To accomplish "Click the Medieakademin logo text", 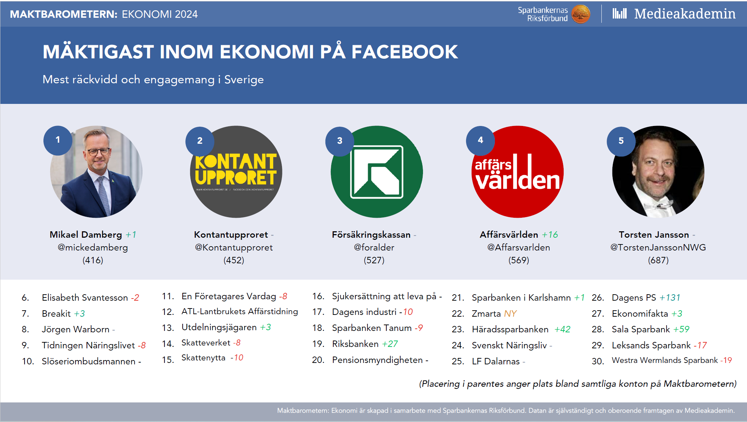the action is click(x=685, y=14).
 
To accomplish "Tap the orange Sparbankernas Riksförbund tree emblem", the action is click(x=581, y=14).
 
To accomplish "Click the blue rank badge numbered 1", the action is click(x=58, y=140).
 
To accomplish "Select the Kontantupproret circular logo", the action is click(x=236, y=172).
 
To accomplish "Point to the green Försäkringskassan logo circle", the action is click(x=377, y=172).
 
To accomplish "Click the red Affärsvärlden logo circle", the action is click(x=518, y=172).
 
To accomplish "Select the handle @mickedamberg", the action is click(x=93, y=247).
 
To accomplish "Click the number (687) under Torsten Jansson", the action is click(x=658, y=260).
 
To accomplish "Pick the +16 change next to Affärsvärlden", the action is click(x=550, y=234).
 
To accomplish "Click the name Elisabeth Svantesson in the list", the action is click(x=85, y=297).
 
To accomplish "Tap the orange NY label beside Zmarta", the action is click(x=510, y=313).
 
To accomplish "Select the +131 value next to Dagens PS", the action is click(x=670, y=297).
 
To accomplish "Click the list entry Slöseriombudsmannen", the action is click(x=89, y=361).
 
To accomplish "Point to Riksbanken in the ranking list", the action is click(x=355, y=344).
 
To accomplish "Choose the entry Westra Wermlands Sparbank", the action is click(x=665, y=360).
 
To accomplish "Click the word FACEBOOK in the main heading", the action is click(x=404, y=52).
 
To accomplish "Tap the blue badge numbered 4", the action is click(x=480, y=140).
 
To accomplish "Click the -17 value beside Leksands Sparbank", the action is click(x=700, y=345).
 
